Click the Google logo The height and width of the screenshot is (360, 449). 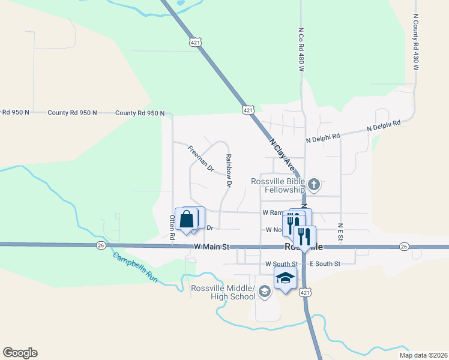click(20, 353)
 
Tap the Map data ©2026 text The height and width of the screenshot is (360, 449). click(423, 355)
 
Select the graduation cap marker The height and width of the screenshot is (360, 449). click(286, 278)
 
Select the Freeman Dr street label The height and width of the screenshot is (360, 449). click(200, 159)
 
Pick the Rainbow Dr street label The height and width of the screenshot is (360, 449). click(228, 171)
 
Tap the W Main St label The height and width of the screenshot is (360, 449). click(212, 247)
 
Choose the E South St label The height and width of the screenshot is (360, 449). click(325, 263)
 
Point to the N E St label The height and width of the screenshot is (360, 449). click(340, 233)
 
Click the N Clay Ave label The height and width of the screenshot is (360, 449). click(282, 154)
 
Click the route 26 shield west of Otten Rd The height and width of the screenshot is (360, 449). click(101, 245)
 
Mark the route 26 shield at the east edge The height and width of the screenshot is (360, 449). click(403, 247)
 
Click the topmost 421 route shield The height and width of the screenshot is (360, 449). click(194, 42)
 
